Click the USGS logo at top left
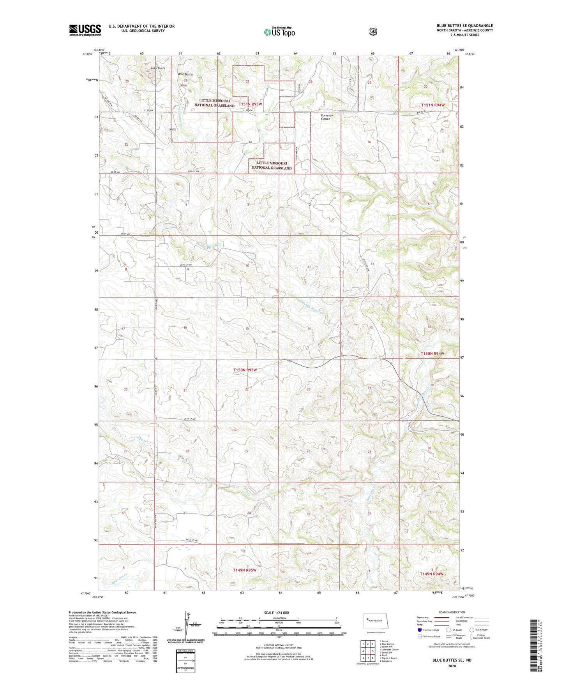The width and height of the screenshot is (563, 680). (x=85, y=30)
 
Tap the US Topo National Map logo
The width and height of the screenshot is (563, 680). (x=279, y=32)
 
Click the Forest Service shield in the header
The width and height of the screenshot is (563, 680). (x=373, y=32)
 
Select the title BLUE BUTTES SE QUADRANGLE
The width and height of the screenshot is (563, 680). (x=464, y=26)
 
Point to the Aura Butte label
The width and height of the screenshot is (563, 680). (x=158, y=68)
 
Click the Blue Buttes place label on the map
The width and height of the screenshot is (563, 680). (x=185, y=74)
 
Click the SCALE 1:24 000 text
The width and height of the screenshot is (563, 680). (x=279, y=613)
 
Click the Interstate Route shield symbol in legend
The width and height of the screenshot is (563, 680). (x=420, y=630)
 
